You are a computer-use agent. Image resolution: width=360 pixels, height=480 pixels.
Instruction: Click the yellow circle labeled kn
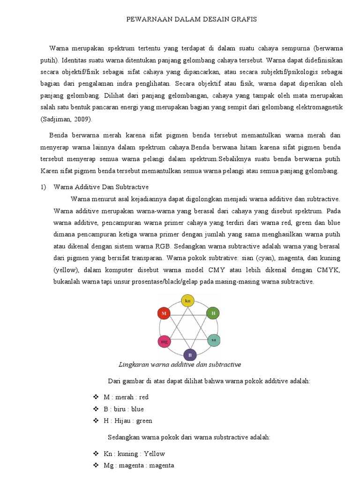187,300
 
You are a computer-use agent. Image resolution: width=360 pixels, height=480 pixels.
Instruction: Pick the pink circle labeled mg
164,342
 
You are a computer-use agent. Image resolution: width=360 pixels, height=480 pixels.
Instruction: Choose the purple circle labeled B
189,355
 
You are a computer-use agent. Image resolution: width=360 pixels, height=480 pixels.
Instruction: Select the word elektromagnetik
319,107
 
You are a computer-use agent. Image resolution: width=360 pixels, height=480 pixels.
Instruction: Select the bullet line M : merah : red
126,397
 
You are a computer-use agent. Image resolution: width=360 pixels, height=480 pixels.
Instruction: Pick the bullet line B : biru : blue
124,409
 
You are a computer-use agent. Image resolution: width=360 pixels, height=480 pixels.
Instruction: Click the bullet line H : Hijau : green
127,420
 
